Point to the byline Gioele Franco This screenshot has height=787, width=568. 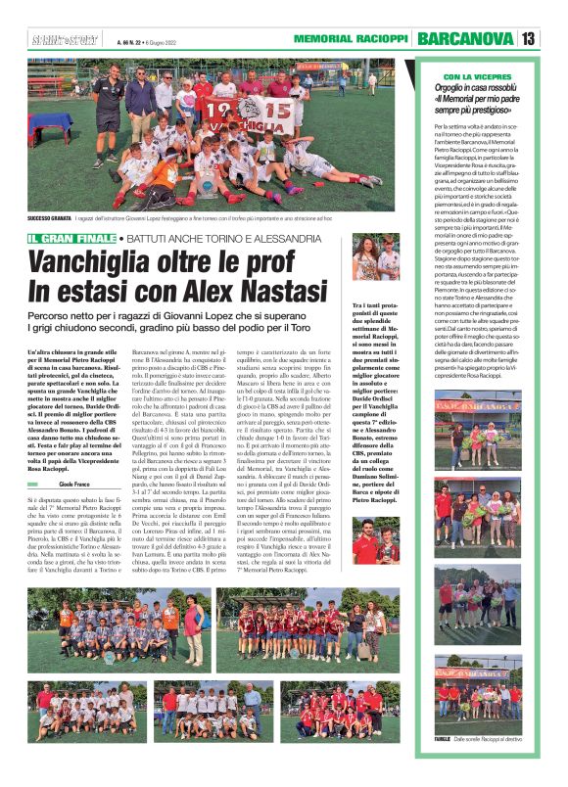73,457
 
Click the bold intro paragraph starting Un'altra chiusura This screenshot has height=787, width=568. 73,396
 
